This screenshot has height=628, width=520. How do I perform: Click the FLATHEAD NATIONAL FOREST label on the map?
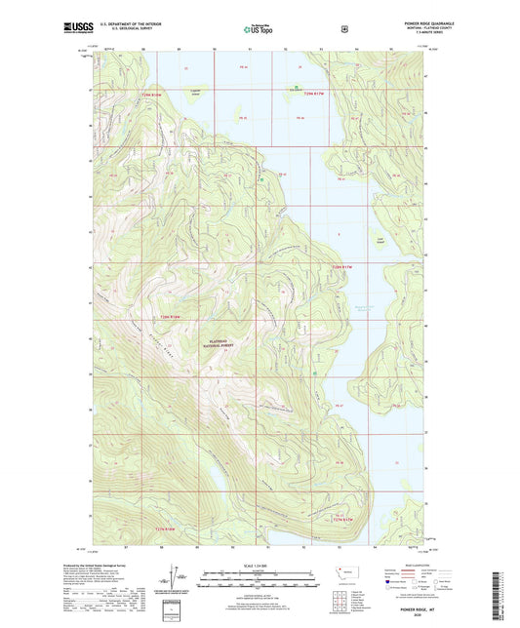(220, 343)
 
